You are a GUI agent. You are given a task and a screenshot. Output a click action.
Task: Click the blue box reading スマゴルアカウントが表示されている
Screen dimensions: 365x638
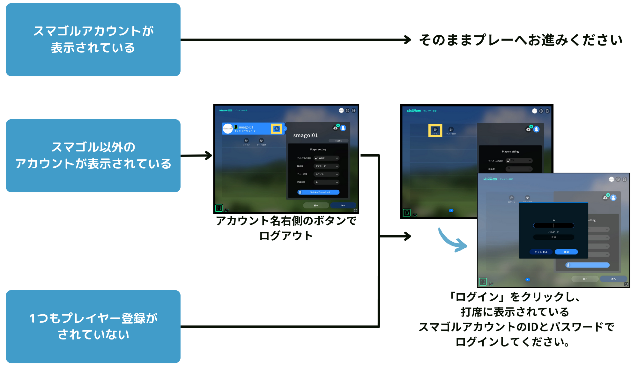93,40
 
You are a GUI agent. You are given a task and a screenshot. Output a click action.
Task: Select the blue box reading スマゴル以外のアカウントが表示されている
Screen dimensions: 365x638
93,156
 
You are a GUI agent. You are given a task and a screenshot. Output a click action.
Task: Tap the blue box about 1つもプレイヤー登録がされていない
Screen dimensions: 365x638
93,326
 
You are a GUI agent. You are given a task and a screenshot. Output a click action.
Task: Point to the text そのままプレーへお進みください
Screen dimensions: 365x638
521,40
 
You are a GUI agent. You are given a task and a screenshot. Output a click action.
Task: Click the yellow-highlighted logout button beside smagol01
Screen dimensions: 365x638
277,129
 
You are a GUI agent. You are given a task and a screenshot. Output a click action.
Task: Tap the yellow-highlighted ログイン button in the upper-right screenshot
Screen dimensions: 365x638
435,130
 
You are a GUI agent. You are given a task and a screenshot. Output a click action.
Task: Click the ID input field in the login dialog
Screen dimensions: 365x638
553,225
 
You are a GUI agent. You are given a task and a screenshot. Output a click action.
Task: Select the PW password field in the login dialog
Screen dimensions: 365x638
553,237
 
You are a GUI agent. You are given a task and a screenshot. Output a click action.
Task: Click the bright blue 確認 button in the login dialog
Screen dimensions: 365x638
566,252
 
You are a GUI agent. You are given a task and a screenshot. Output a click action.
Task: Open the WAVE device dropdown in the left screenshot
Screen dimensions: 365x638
326,158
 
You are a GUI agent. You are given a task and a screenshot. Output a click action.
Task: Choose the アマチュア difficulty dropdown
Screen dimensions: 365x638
326,166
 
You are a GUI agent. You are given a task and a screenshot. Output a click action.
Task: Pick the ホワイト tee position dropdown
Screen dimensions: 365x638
326,174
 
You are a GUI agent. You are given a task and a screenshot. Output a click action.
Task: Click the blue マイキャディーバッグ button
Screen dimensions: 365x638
318,192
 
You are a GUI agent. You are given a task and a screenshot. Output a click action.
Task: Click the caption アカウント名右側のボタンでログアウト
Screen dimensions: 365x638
286,228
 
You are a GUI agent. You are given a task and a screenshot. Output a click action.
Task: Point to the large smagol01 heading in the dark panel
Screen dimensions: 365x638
305,135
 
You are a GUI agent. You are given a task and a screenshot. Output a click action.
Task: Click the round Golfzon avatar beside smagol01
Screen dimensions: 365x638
228,128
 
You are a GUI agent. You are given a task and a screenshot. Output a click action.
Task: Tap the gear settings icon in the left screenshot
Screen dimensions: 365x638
348,111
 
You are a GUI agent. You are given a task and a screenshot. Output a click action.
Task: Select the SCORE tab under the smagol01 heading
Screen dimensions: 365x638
338,141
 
